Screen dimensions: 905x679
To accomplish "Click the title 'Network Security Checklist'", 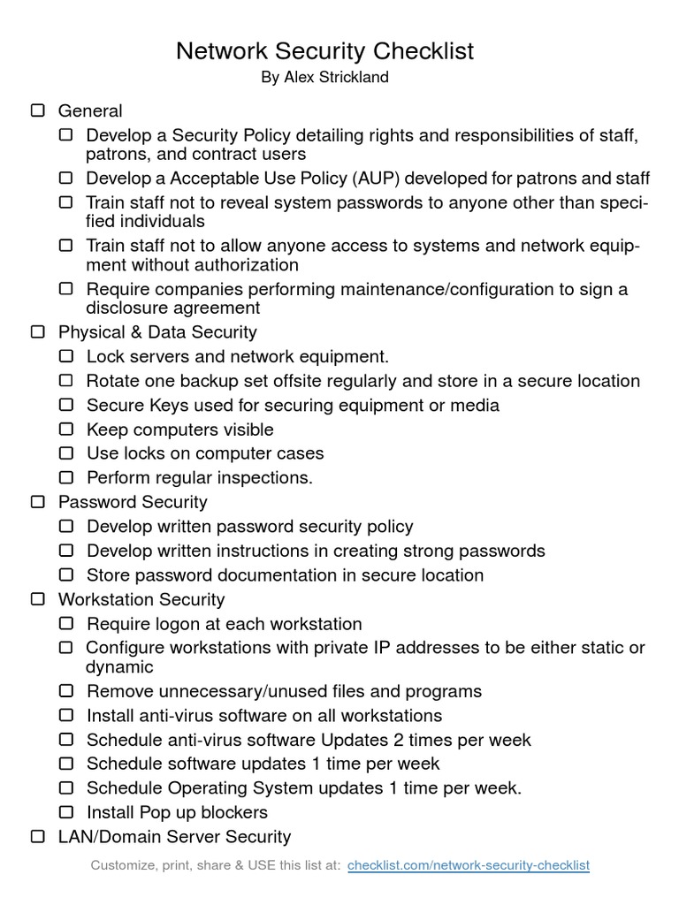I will pos(324,51).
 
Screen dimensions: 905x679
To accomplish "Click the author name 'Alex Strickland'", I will pos(335,78).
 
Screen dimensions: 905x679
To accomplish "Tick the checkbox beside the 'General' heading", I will pos(38,110).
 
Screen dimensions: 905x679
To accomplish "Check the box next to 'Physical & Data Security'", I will pos(38,332).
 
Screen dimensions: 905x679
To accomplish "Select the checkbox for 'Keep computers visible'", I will pos(66,430).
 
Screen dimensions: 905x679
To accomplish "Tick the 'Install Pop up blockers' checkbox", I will pos(66,811).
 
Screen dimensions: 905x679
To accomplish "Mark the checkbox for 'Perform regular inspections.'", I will pos(66,477).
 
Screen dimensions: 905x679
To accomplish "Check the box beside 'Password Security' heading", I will pos(38,502).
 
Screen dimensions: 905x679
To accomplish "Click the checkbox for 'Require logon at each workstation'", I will pos(66,623).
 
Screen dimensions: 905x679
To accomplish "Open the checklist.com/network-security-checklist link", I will pos(469,865).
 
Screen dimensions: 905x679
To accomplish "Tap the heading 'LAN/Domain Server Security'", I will pos(174,836).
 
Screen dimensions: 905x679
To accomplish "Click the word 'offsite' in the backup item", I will pos(303,381).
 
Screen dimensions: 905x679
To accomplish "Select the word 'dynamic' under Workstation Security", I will pos(119,667).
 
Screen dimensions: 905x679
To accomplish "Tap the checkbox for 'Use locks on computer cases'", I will pos(66,453).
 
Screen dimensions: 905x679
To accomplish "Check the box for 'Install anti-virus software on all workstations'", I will pos(66,715).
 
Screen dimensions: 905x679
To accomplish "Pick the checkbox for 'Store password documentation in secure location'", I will pos(66,574).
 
